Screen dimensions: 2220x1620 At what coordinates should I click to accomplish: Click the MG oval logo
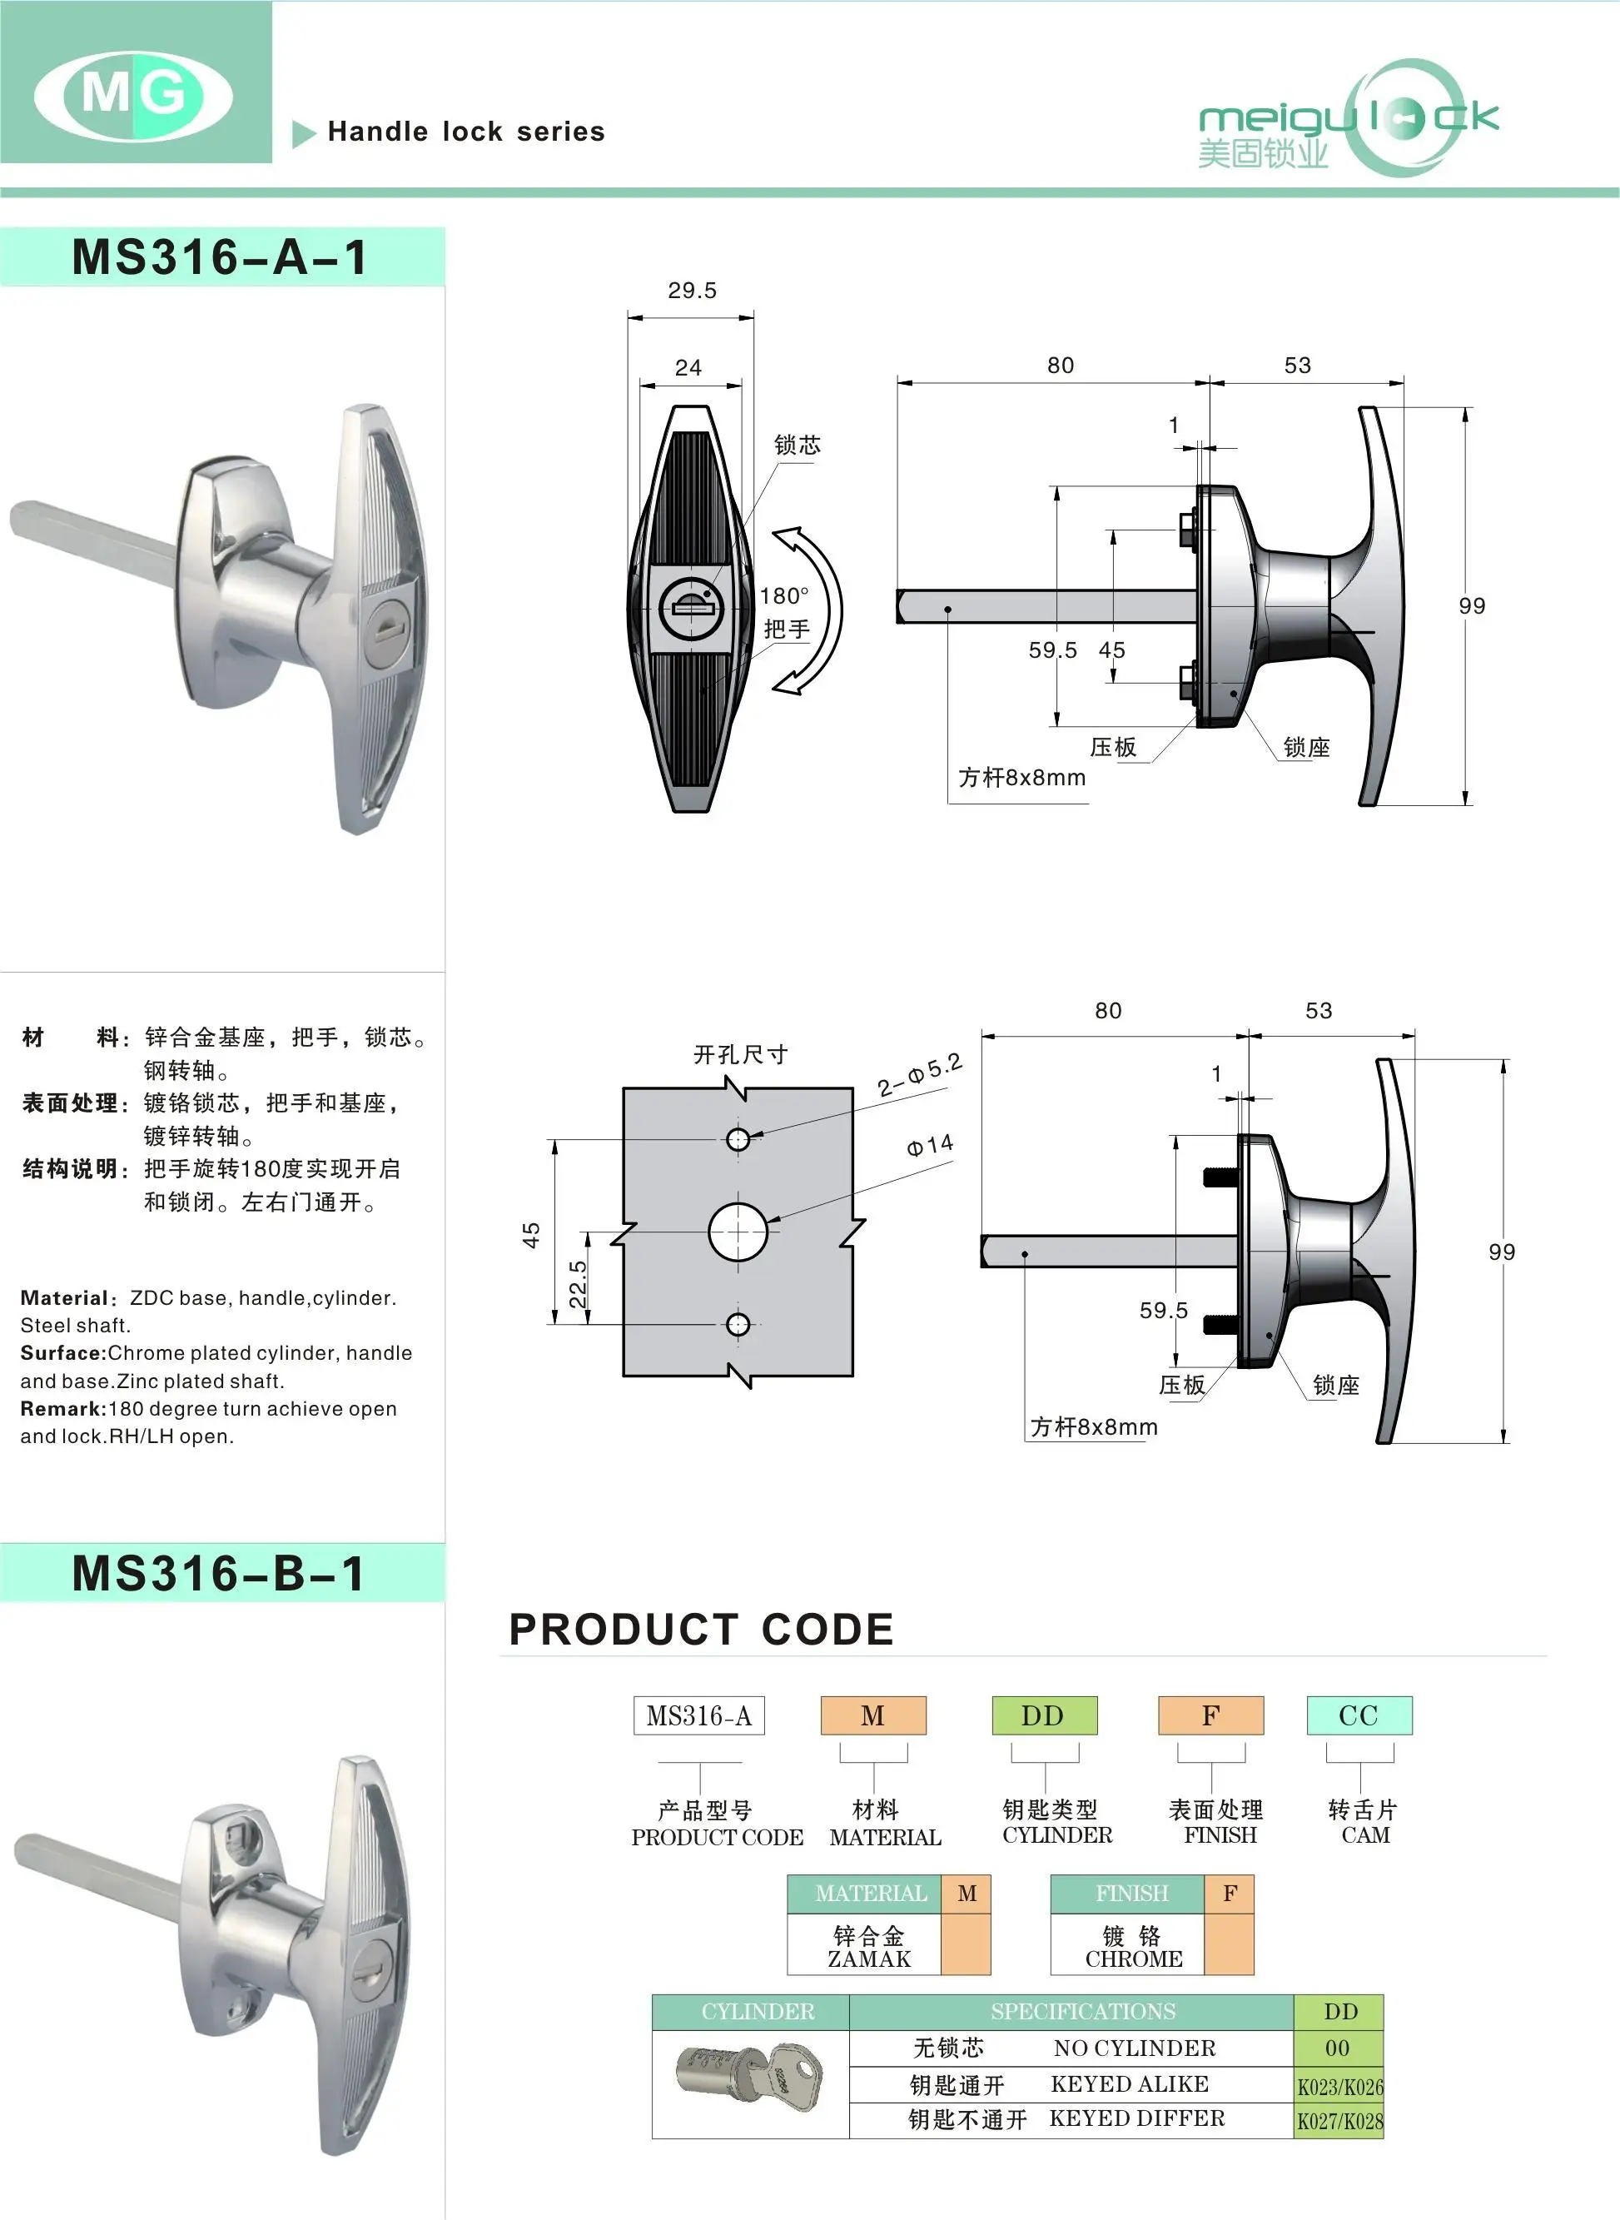(133, 95)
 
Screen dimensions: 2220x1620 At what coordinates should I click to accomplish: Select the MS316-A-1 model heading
(221, 257)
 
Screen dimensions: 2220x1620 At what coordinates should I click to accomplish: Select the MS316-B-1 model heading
(221, 1574)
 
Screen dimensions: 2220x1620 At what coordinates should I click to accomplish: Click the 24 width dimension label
(688, 368)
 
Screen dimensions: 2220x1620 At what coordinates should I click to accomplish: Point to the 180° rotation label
(784, 595)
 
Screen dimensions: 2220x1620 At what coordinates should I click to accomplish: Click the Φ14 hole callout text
(929, 1145)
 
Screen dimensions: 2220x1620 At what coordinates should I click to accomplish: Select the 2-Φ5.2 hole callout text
(919, 1075)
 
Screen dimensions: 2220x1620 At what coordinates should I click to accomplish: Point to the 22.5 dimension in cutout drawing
(579, 1284)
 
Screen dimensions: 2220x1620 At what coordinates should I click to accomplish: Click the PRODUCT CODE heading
(701, 1630)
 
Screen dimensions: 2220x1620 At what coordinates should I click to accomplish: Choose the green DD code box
(1043, 1715)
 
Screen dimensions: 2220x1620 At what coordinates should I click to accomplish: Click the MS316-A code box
(698, 1715)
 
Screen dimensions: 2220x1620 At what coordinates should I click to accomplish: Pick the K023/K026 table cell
(1339, 2086)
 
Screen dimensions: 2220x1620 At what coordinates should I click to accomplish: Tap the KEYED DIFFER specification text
(1136, 2119)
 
